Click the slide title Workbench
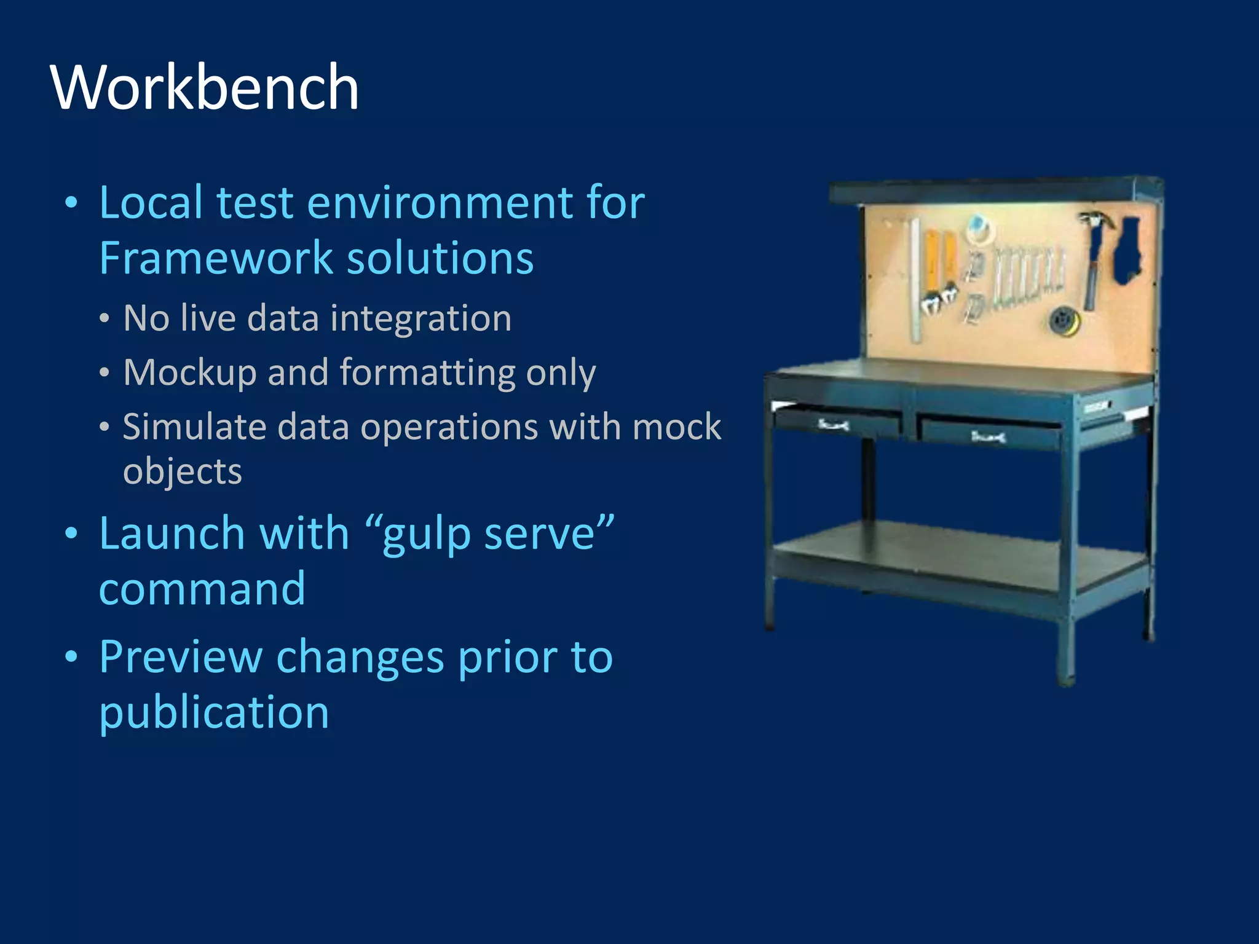[x=205, y=87]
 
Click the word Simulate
[x=194, y=427]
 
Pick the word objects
[x=183, y=472]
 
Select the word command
[x=202, y=589]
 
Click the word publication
[x=214, y=713]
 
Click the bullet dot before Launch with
[x=72, y=533]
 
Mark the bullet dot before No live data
[x=105, y=319]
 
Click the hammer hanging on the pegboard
[x=1094, y=258]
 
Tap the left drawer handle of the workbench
[x=834, y=424]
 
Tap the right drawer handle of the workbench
[x=988, y=437]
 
